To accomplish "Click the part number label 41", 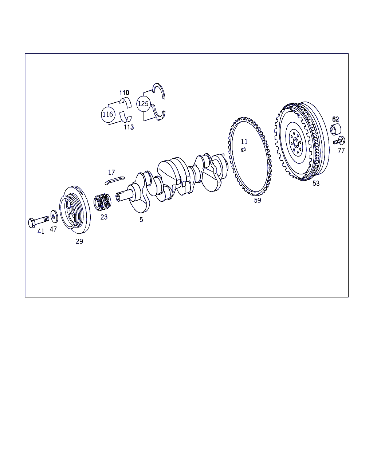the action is point(41,231).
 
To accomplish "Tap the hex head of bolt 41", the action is point(32,223).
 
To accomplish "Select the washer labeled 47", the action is point(54,216).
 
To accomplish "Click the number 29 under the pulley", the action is point(79,241).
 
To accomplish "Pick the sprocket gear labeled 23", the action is point(102,202).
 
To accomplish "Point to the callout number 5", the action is point(141,220).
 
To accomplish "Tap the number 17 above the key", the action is point(111,172).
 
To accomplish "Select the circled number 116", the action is point(108,114).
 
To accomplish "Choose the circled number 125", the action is point(143,104).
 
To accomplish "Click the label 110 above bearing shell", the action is point(124,93).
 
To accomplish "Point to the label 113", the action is point(129,127).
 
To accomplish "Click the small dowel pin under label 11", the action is point(243,149).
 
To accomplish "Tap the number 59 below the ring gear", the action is point(258,200).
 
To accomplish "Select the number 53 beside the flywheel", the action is point(316,183).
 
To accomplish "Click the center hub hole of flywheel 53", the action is point(296,144).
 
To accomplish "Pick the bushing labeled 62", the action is point(335,130).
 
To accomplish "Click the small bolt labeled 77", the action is point(339,141).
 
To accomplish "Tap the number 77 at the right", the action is point(341,151).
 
